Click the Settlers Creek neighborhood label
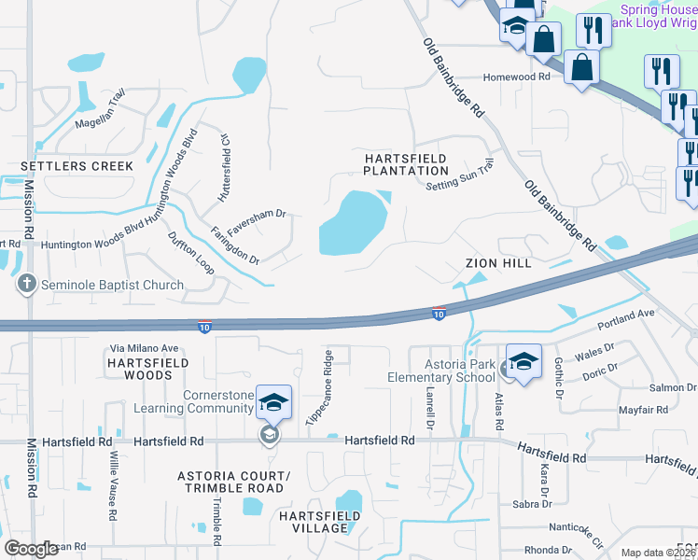click(x=77, y=166)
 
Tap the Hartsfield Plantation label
click(x=406, y=165)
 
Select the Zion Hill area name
click(x=498, y=264)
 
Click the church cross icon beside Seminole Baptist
click(x=27, y=284)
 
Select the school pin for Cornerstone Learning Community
click(x=273, y=403)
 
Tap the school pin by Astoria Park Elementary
click(x=523, y=364)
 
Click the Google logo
click(x=31, y=549)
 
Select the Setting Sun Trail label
click(x=458, y=175)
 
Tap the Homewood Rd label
click(x=516, y=78)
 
